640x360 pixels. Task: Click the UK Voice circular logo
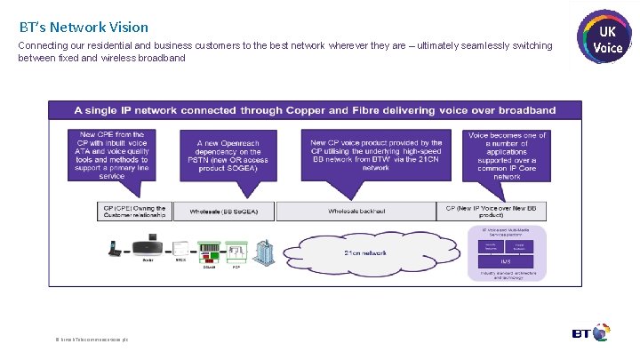tap(605, 38)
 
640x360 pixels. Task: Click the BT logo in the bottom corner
tap(589, 333)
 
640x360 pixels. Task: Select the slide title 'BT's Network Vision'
tap(84, 28)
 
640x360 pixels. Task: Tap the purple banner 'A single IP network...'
tap(316, 111)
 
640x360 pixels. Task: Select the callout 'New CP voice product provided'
tap(376, 155)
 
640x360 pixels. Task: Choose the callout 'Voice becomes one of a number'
tap(507, 156)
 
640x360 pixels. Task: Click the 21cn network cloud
tap(364, 252)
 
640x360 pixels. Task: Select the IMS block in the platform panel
tap(504, 260)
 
